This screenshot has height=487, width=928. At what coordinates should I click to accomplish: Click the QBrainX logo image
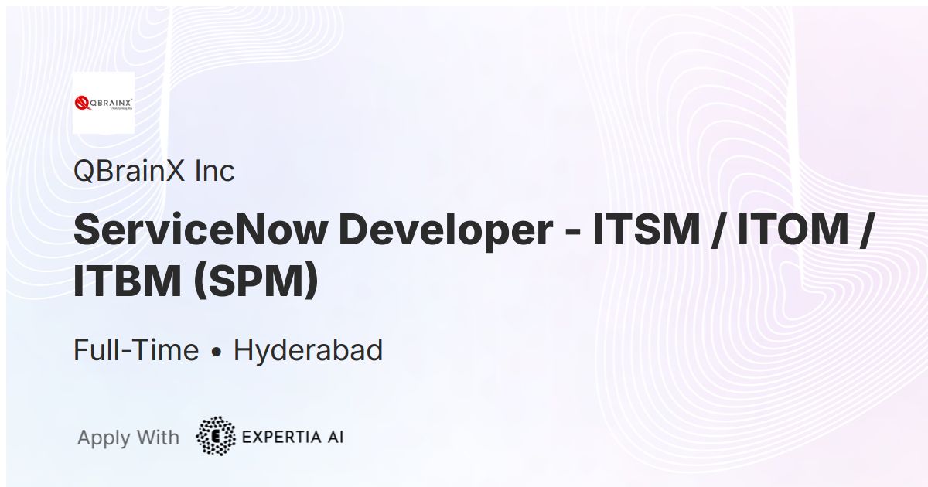tap(103, 103)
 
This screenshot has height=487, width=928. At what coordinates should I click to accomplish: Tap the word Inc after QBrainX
tap(214, 171)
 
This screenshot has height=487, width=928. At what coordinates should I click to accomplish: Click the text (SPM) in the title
tap(255, 281)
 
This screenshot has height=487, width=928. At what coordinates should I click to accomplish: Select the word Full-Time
tap(136, 351)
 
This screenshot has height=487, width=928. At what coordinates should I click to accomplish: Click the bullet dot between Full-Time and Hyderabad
tap(217, 352)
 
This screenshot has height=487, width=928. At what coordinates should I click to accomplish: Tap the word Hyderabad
tap(308, 351)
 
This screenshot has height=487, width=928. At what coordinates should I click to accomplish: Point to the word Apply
tap(104, 438)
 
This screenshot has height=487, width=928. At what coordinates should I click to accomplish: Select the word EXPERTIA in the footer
tap(280, 437)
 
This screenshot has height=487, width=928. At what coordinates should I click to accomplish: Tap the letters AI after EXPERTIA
tap(334, 437)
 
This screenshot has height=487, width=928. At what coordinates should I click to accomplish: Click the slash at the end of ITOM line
tap(865, 230)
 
